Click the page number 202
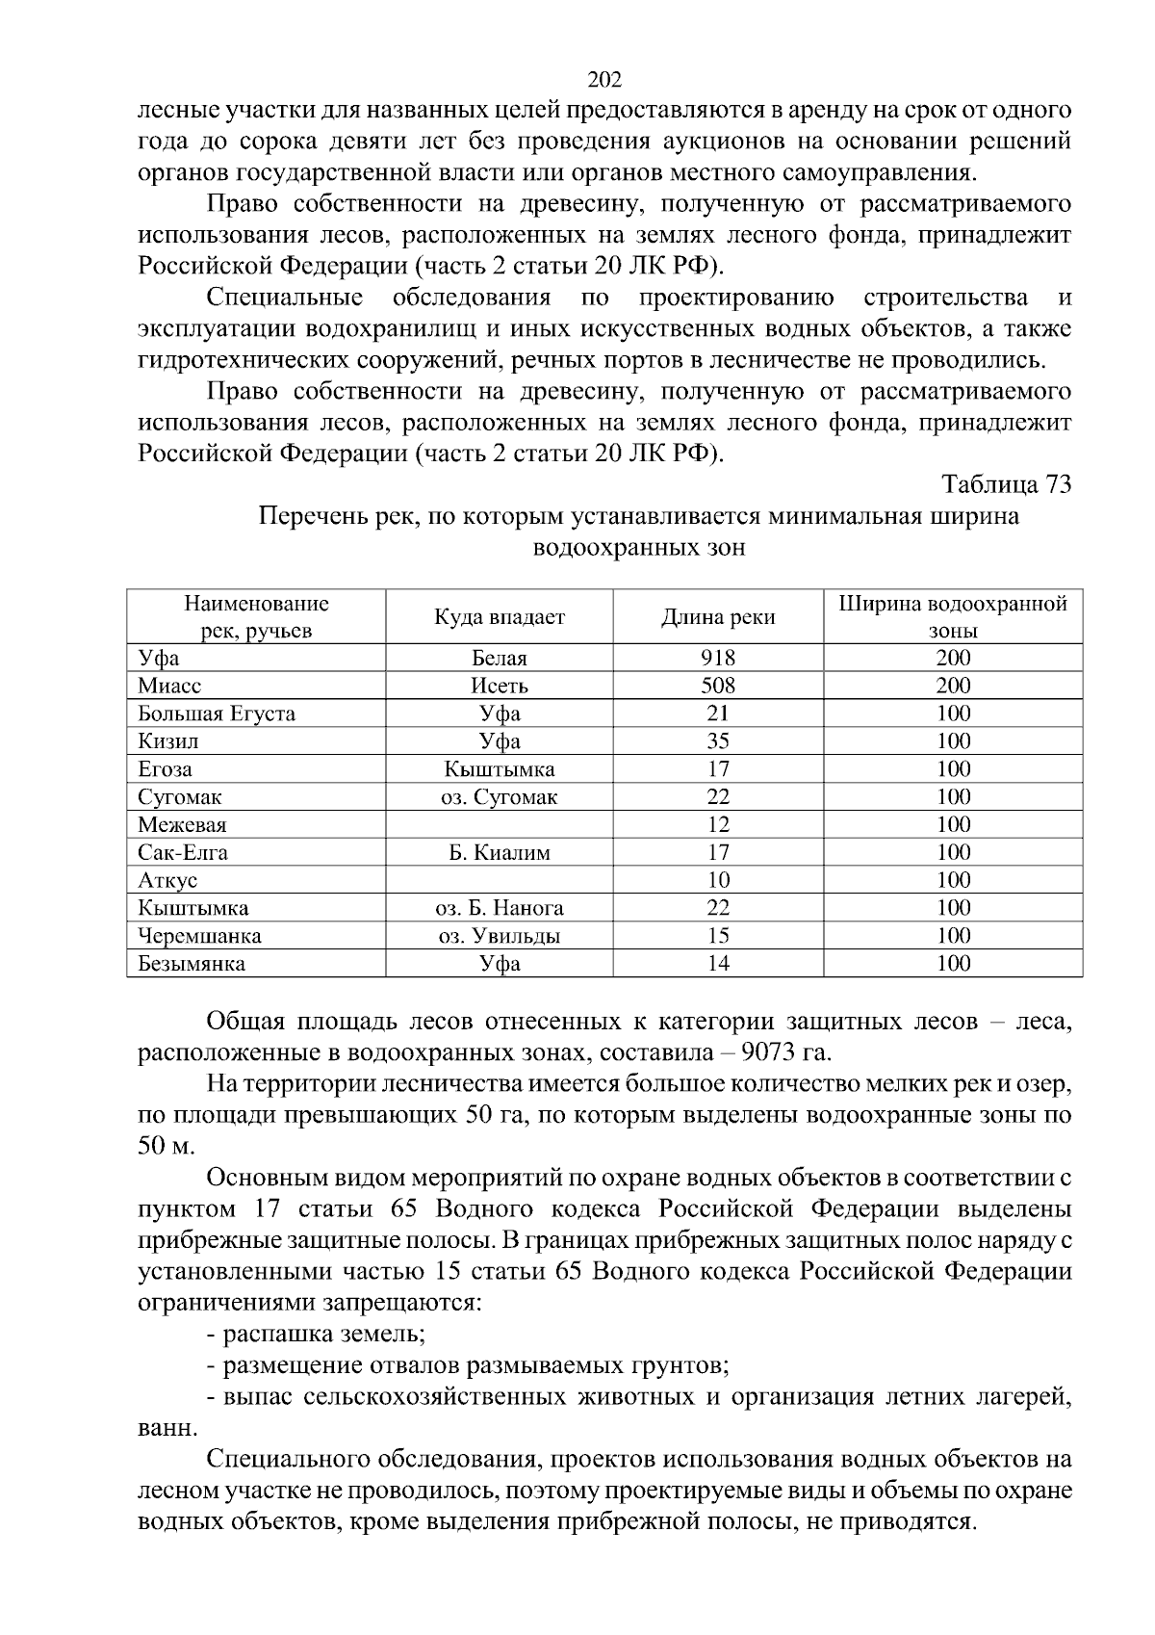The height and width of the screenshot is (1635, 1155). point(604,79)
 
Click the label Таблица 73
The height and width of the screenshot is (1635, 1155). point(1006,484)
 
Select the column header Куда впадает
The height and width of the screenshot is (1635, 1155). point(500,617)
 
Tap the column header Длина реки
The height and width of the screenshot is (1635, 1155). point(718,617)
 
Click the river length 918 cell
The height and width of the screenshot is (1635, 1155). point(718,659)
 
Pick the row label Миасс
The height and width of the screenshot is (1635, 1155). point(169,687)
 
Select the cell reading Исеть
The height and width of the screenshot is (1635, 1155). point(500,687)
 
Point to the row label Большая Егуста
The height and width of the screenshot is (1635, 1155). point(217,714)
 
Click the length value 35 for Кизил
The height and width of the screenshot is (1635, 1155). point(718,741)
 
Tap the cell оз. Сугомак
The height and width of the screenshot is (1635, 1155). point(500,797)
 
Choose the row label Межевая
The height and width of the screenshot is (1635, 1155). point(182,825)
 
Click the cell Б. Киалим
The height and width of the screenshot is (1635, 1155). point(500,853)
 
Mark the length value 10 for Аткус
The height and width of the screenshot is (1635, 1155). point(718,880)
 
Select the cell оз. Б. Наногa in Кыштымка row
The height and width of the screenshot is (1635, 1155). point(500,908)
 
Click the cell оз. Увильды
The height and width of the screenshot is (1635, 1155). point(500,936)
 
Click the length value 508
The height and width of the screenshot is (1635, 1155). point(718,687)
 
